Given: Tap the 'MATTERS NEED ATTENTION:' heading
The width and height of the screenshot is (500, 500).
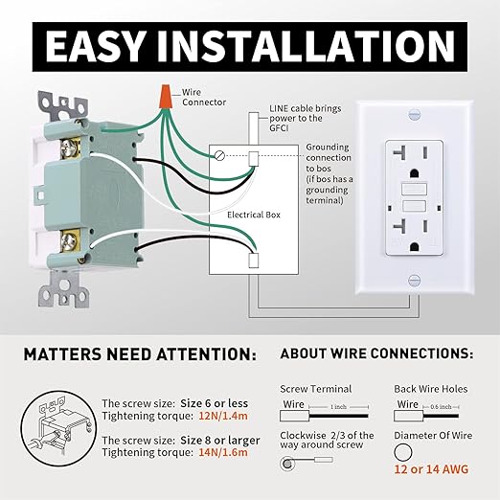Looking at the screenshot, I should point(140,354).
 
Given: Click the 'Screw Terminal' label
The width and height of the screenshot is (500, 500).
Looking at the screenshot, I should point(315,389).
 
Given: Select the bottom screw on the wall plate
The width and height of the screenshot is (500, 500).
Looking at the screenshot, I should point(414,280).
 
